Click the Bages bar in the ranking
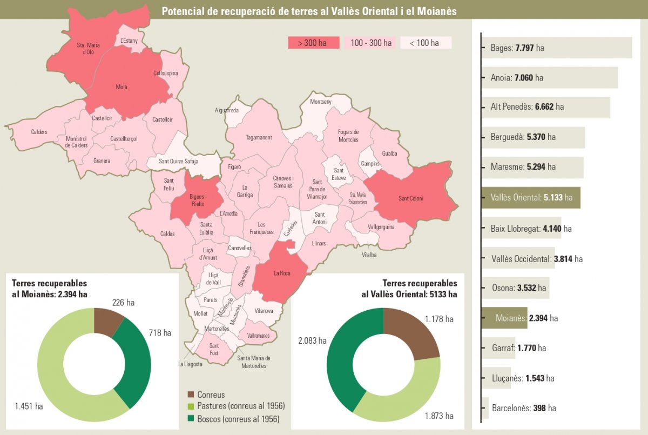[556, 48]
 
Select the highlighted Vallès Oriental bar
[530, 198]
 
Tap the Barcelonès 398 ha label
[524, 408]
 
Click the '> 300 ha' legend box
[314, 43]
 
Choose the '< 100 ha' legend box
[426, 43]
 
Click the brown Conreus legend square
[191, 394]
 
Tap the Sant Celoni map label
[411, 198]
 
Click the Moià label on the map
[122, 87]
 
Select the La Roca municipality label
[282, 273]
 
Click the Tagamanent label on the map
[259, 138]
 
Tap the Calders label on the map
[39, 132]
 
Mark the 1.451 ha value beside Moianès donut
[28, 406]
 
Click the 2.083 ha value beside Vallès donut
[312, 340]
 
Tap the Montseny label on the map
[321, 102]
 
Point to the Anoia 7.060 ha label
[517, 78]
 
